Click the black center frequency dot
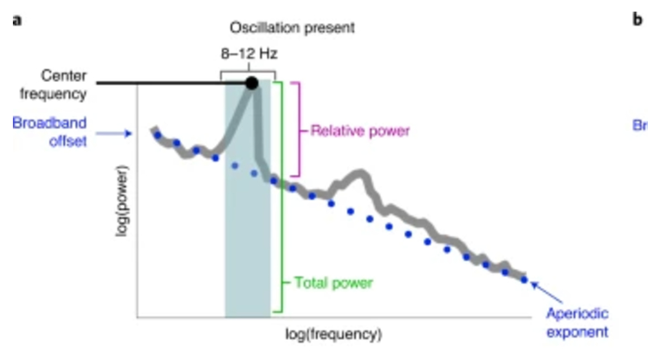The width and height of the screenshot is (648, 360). coord(251,83)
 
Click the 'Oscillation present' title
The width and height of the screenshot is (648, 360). coord(293,28)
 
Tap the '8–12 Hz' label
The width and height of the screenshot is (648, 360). coord(249,55)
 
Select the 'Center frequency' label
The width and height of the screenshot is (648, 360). coord(63,85)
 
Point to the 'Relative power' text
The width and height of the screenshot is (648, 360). coord(360,131)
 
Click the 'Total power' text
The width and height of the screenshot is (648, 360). coord(333,283)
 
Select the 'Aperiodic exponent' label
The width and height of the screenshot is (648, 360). coord(577,323)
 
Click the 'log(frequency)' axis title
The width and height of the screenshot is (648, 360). coord(334,334)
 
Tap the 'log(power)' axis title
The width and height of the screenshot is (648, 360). coord(123,199)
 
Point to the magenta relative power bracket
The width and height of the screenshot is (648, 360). coord(299,129)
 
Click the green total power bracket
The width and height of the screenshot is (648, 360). coord(280,197)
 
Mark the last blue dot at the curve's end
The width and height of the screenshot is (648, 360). coord(523,279)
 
